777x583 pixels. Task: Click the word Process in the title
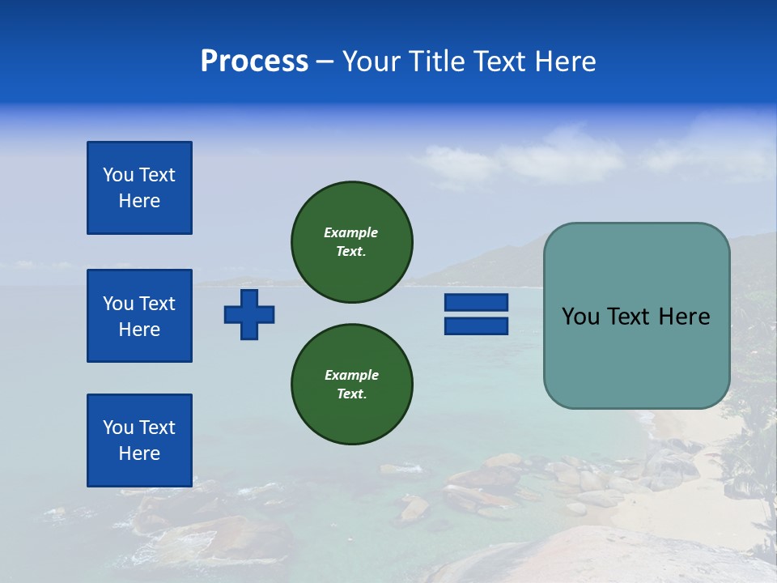254,62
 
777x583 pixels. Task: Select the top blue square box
139,188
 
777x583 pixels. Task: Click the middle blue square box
139,316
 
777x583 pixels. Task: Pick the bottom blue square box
139,440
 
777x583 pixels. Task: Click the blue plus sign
249,314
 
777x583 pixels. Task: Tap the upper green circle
351,242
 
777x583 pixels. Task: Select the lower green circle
351,385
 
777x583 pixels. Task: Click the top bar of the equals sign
476,303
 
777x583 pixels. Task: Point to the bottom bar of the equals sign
476,326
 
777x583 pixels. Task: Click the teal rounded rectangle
636,356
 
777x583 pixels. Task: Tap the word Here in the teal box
684,317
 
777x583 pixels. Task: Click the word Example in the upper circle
351,232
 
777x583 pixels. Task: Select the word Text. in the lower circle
351,394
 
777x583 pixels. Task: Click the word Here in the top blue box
139,201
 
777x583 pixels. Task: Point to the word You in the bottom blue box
118,428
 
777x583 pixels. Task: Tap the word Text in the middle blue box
157,304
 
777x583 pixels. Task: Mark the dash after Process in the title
325,62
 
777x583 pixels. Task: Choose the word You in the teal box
580,317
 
